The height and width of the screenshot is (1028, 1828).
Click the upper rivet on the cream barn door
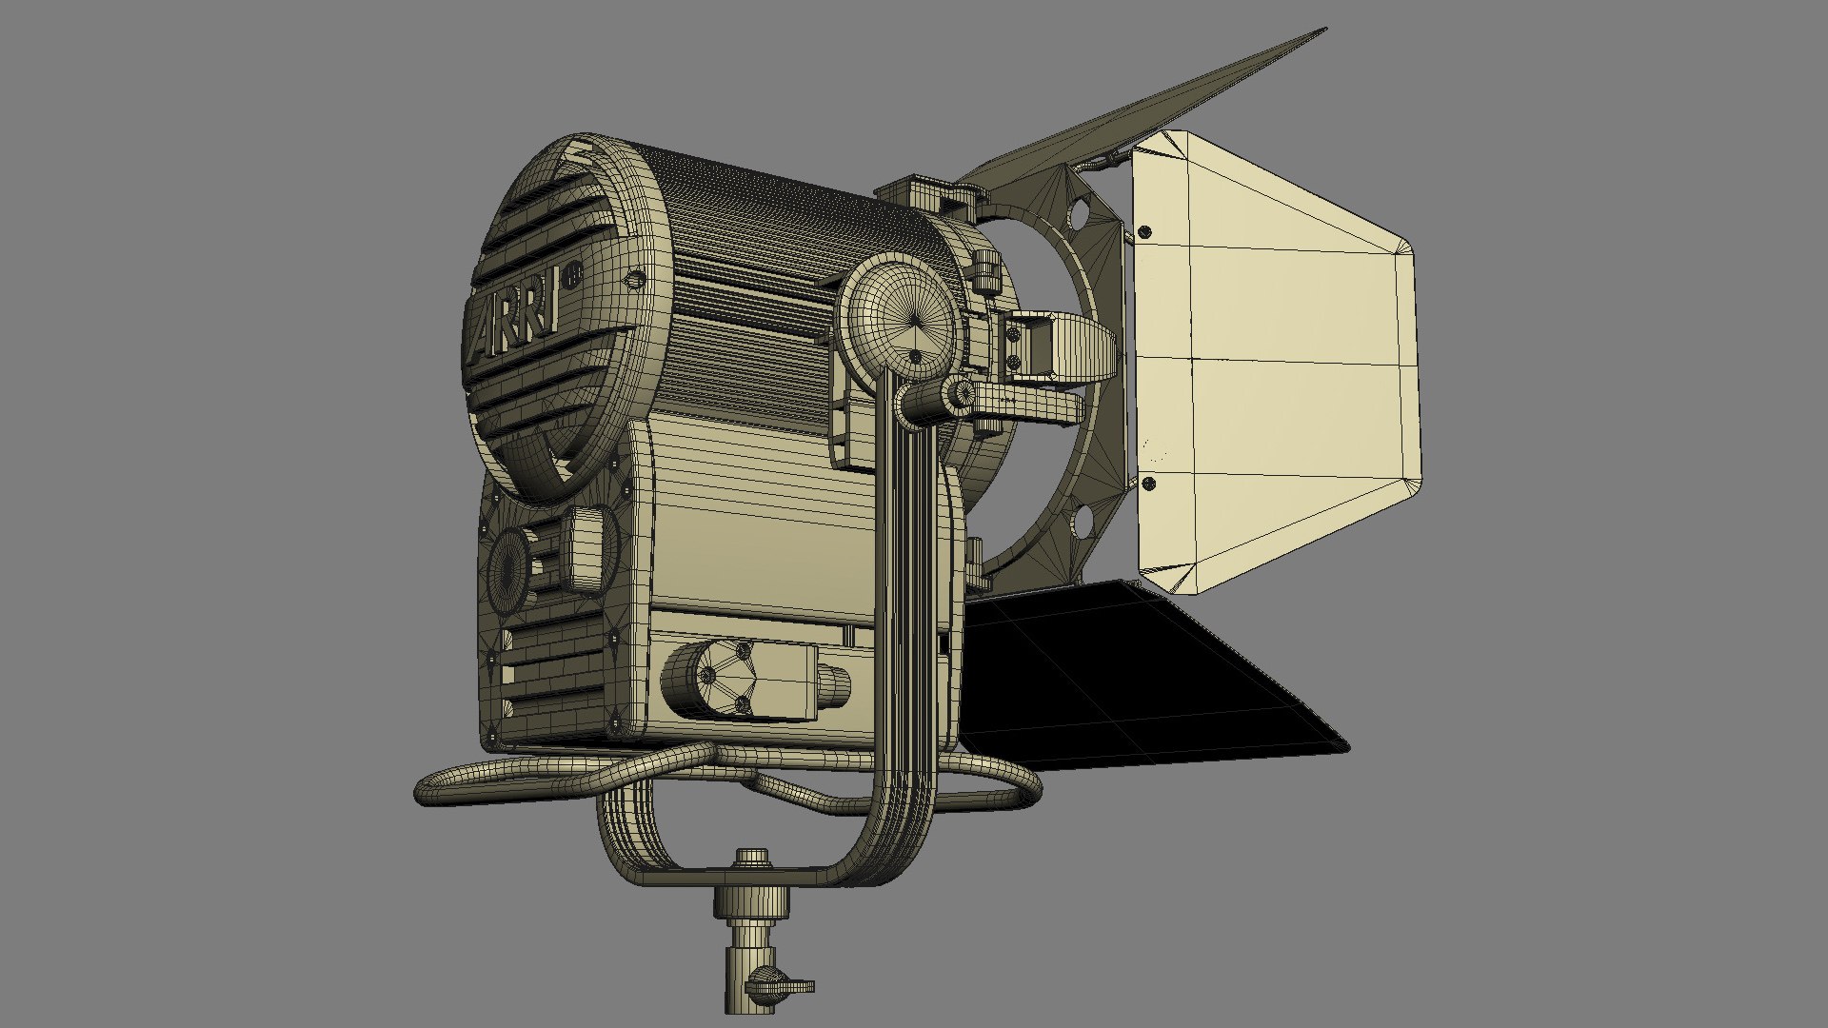(x=1145, y=231)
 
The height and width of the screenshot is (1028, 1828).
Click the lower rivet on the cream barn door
(x=1148, y=484)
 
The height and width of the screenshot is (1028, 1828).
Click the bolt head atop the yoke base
(x=752, y=857)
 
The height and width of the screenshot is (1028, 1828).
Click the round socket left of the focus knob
(x=510, y=566)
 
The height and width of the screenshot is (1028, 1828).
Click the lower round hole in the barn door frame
(x=1082, y=520)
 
